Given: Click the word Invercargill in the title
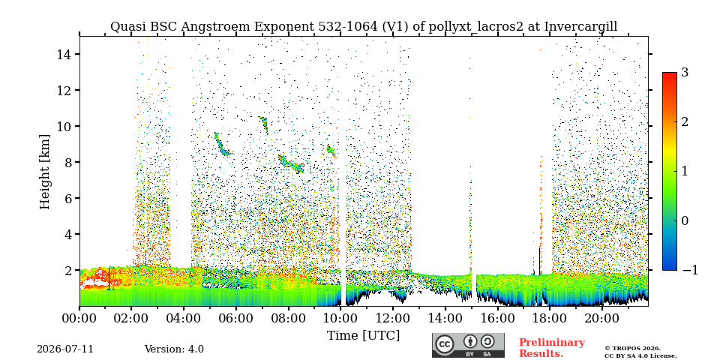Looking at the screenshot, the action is click(x=580, y=27).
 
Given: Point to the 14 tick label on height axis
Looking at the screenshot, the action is click(x=62, y=54).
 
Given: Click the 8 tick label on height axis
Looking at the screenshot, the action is click(x=65, y=162).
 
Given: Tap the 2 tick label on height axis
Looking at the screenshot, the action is click(x=65, y=270).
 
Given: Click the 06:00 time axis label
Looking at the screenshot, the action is click(x=236, y=318).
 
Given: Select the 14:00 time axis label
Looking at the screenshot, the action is click(x=445, y=318).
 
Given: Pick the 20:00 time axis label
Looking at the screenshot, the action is click(x=601, y=318).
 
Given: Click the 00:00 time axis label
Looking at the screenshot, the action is click(x=79, y=318).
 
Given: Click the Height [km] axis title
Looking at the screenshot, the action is click(x=44, y=172).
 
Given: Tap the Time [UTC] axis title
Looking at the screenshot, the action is click(x=363, y=335).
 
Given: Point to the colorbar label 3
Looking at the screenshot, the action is click(x=685, y=73).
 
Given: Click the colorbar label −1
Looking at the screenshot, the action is click(x=690, y=270).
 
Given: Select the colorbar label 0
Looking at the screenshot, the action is click(x=685, y=220).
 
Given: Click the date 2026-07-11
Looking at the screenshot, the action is click(x=65, y=349).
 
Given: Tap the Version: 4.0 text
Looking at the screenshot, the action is click(x=174, y=349).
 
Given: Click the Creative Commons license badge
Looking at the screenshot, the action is click(x=468, y=345).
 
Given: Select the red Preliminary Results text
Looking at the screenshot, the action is click(x=552, y=347).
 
